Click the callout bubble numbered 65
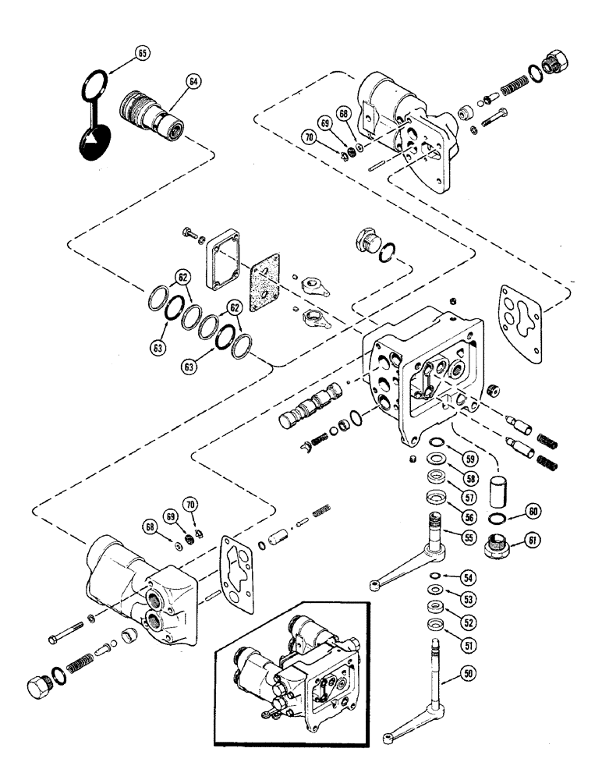(x=141, y=54)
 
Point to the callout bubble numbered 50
(x=467, y=672)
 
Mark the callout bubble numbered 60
(x=532, y=512)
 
